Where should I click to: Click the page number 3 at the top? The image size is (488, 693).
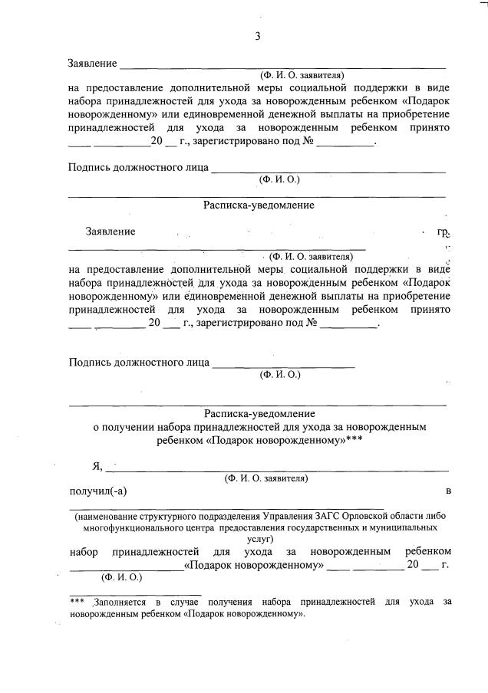(x=258, y=36)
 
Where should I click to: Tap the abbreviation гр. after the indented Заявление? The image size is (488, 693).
(x=443, y=231)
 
